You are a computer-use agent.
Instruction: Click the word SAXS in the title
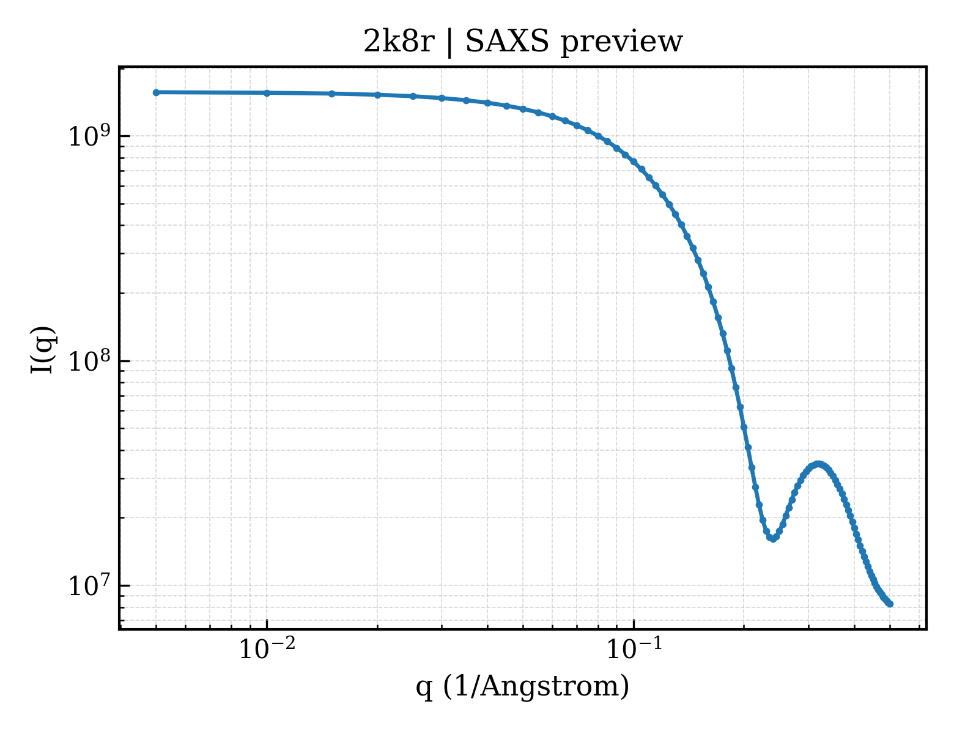coord(507,42)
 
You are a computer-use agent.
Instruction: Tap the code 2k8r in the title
coord(399,42)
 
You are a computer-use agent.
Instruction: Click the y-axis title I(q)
coord(43,349)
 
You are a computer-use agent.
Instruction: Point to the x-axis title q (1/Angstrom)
coord(522,687)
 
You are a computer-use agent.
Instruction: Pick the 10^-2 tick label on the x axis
coord(267,648)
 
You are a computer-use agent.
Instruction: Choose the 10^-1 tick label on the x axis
coord(634,648)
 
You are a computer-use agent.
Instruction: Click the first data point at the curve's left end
coord(157,92)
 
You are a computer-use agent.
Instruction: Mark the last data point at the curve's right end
coord(890,604)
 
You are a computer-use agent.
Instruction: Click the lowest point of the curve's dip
coord(773,539)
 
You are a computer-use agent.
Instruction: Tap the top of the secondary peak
coord(818,464)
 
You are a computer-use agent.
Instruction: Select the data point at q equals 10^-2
coord(267,93)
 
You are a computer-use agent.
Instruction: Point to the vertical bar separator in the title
coord(449,43)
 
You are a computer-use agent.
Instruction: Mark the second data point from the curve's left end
coord(267,93)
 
